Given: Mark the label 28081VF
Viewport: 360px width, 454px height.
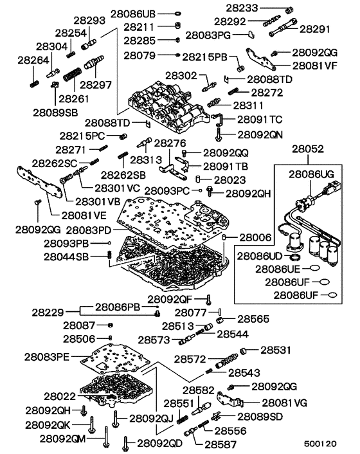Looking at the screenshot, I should coord(314,66).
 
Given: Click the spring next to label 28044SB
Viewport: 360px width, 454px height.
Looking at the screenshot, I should coord(109,257).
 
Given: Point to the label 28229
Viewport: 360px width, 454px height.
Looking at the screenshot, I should coord(48,313).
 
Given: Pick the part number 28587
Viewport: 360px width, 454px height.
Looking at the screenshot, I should coord(224,443).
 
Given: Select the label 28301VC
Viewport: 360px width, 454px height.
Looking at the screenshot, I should coord(117,188).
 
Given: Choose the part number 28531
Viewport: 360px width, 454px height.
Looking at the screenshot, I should coord(276,350).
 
